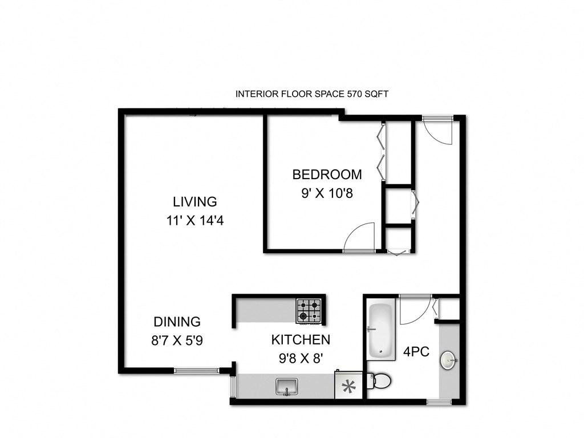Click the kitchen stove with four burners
(309, 310)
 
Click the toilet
(379, 380)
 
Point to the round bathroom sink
(448, 360)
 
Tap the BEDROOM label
(327, 175)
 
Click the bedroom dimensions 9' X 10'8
(327, 193)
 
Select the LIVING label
(195, 201)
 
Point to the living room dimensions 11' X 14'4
(194, 220)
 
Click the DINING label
(177, 322)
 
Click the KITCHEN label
(300, 340)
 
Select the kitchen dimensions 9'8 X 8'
(300, 359)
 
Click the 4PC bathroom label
(416, 352)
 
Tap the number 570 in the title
(355, 94)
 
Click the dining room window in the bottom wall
(196, 371)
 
